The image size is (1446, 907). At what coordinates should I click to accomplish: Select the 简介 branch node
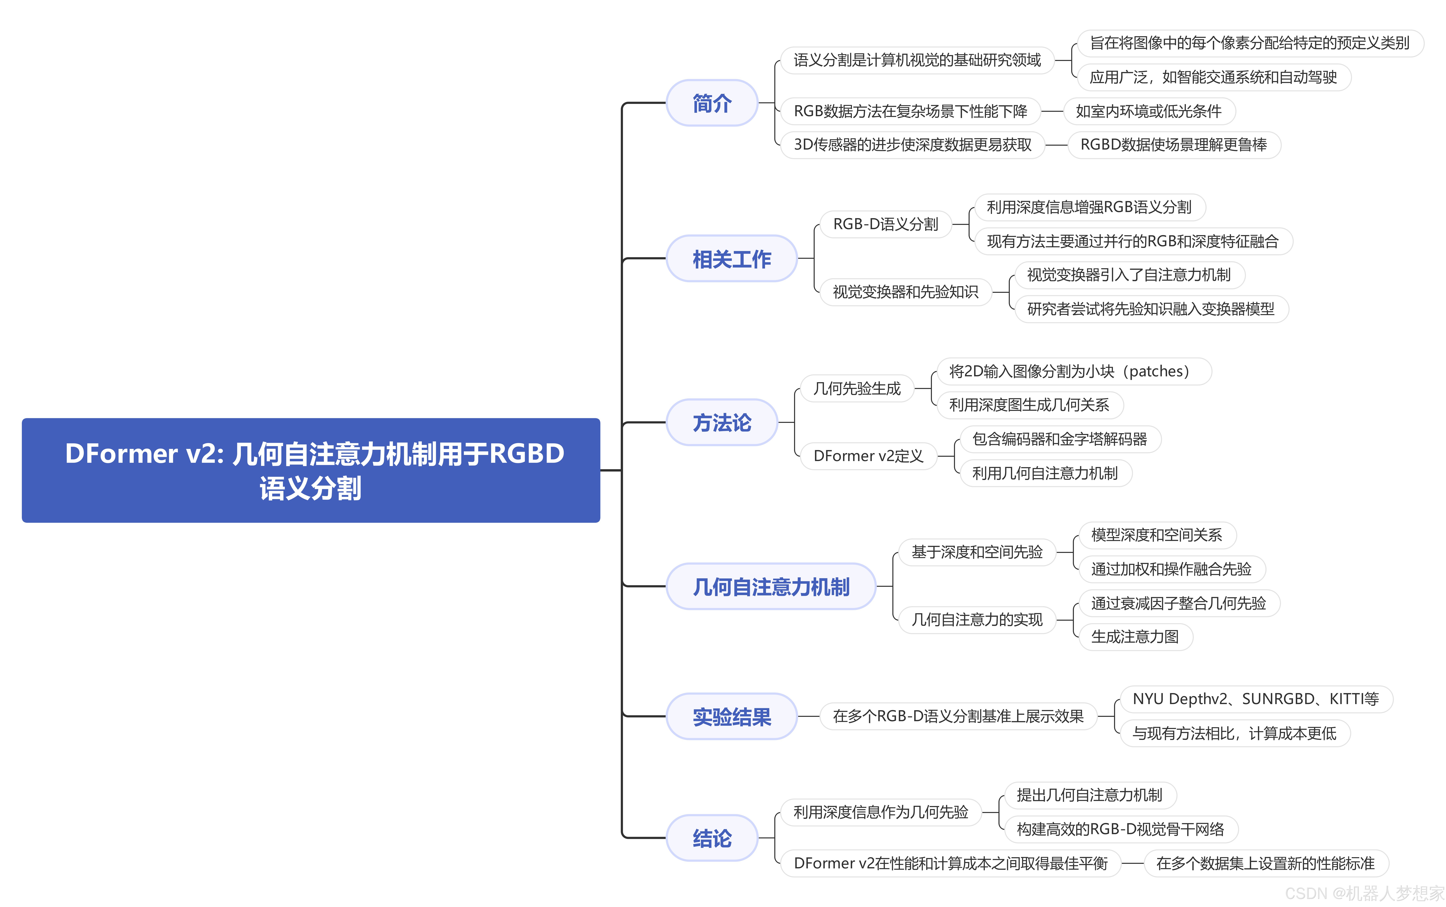(712, 103)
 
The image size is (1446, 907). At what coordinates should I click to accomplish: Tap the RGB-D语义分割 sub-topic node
(885, 224)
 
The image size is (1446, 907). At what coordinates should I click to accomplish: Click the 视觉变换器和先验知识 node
(905, 292)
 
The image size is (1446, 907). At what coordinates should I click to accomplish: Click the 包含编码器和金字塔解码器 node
(1059, 439)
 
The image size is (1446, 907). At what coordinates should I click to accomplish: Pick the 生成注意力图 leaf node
(1135, 636)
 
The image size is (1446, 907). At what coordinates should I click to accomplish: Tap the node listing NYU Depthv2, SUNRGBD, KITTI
(1255, 699)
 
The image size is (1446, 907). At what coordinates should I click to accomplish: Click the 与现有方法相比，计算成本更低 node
(1234, 733)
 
